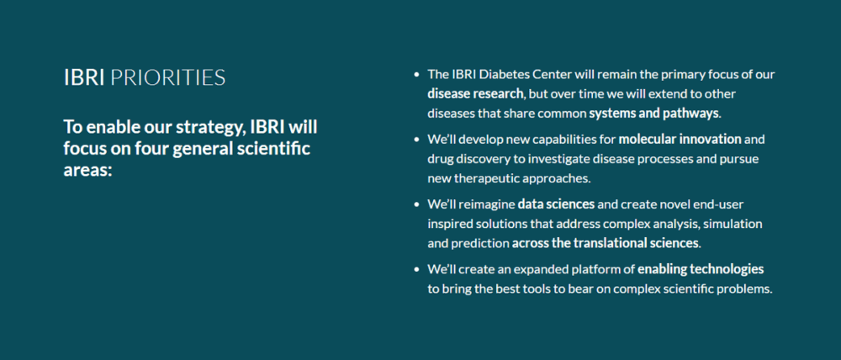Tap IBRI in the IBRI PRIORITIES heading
84,78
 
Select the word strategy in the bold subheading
202,128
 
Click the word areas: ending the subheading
88,170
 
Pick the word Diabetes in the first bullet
509,74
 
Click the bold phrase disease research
475,93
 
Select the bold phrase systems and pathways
653,113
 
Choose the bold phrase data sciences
556,204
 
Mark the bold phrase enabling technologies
701,269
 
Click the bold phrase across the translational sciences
606,243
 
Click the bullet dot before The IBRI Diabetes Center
416,75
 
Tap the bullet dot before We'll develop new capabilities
416,140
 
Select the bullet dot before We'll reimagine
416,204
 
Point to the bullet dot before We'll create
416,269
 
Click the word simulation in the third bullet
733,224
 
